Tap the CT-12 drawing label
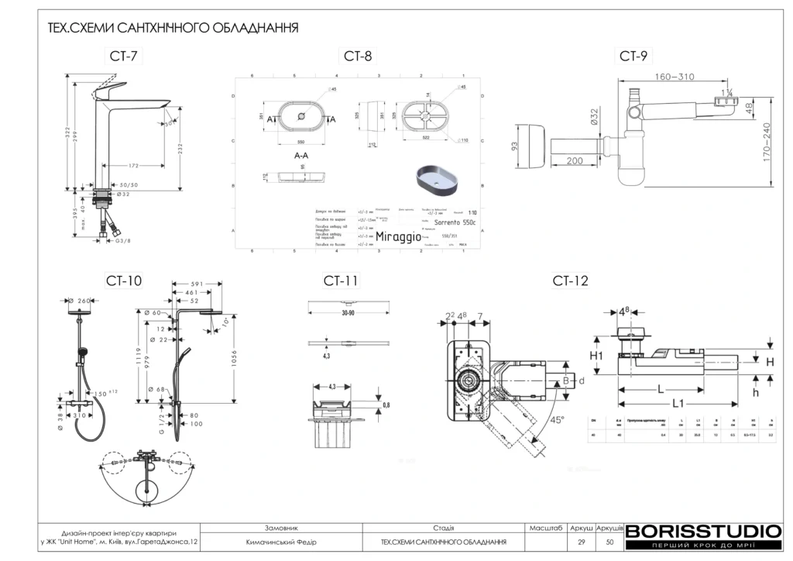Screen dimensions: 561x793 tap(570, 280)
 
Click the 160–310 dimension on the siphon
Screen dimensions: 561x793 tap(674, 77)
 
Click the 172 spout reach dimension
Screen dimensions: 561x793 tap(133, 166)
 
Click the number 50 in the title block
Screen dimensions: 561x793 tap(610, 542)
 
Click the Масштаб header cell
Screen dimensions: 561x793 tap(546, 527)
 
